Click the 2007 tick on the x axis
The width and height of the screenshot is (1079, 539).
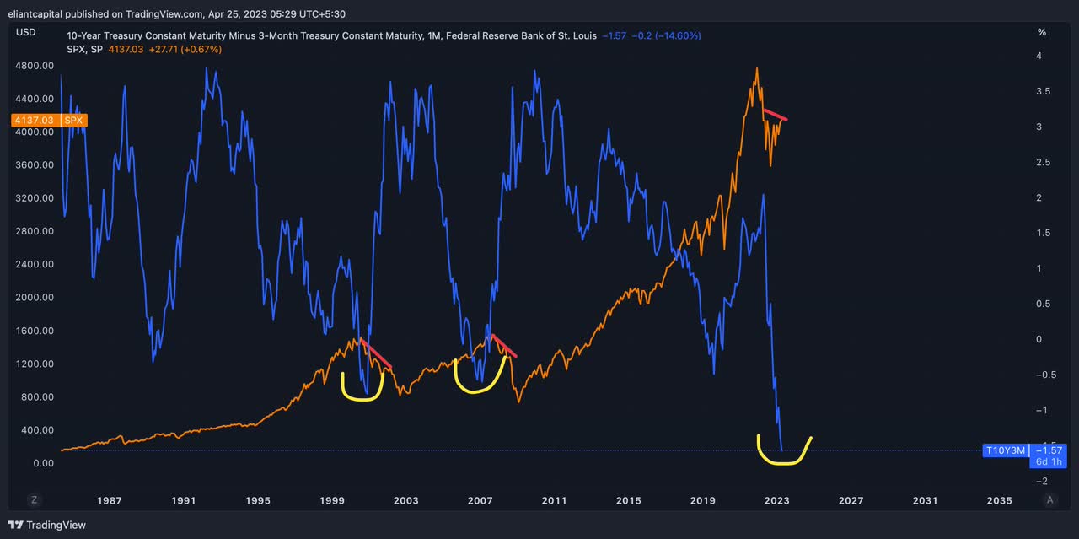(480, 500)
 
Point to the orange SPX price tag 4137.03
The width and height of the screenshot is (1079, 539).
(31, 121)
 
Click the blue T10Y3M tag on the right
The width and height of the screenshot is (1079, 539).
(1006, 450)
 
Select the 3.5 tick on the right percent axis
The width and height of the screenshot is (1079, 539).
(1042, 91)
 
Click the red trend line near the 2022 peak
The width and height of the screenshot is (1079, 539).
(775, 115)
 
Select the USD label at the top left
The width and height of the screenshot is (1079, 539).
(26, 31)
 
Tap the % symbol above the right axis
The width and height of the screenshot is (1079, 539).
(1042, 32)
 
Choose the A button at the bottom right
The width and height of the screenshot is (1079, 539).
(1049, 499)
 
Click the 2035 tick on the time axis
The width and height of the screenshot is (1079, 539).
(999, 500)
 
